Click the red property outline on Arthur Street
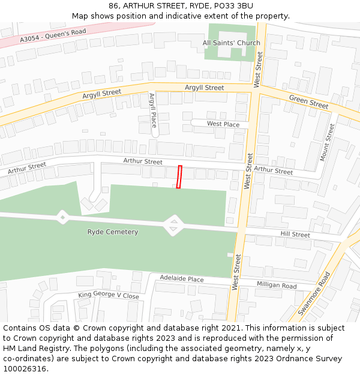(179, 177)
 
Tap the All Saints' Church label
(231, 43)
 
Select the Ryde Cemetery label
(113, 232)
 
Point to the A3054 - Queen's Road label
(53, 35)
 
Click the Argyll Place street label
(152, 110)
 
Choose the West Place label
(223, 124)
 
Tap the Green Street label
(308, 101)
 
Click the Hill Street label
(295, 234)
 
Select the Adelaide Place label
(181, 279)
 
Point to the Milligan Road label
(277, 285)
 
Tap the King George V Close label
(109, 295)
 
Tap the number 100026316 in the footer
(25, 369)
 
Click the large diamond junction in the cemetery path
(173, 226)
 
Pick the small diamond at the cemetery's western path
(62, 217)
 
